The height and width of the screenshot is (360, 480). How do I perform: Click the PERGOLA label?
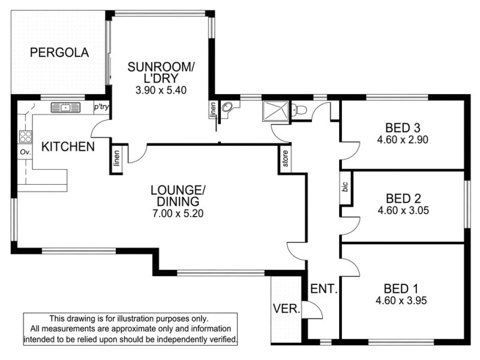(x=59, y=53)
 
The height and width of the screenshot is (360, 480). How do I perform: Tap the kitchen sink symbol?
(x=65, y=108)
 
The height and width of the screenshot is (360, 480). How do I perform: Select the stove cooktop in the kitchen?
(x=25, y=137)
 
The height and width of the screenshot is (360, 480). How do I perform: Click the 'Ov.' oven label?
(x=25, y=152)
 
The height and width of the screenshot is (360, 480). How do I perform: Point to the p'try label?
(x=101, y=107)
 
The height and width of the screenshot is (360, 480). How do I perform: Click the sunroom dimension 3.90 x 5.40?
(x=161, y=90)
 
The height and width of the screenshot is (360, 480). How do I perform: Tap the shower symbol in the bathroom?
(x=275, y=112)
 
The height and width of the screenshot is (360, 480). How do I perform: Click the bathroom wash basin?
(x=227, y=107)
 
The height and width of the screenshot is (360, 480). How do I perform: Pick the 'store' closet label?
(x=286, y=158)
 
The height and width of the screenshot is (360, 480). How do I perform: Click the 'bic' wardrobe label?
(x=346, y=187)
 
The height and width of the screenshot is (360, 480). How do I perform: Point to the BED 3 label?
(x=403, y=128)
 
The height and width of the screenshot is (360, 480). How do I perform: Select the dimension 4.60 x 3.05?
(x=403, y=211)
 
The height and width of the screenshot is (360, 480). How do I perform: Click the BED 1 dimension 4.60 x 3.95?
(x=401, y=301)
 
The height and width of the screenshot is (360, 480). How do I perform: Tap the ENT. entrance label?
(x=324, y=289)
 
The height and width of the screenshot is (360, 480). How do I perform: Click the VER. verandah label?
(x=287, y=308)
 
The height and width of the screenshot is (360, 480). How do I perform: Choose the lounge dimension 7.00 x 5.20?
(x=178, y=213)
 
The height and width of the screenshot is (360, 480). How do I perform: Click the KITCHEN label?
(x=68, y=146)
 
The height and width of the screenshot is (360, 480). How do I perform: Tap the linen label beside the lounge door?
(x=116, y=158)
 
